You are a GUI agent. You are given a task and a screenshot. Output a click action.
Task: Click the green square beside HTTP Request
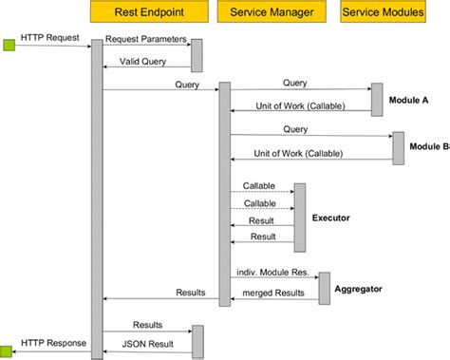point(9,44)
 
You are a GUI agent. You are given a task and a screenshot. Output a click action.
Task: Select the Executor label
point(331,218)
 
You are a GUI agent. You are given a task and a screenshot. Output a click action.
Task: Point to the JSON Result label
point(147,343)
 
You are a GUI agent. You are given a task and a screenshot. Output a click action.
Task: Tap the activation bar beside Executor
point(300,218)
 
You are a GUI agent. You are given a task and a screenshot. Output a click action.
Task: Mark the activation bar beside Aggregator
point(324,287)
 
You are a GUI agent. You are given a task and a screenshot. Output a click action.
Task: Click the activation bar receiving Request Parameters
point(197,56)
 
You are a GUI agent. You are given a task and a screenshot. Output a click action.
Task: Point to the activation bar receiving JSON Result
point(197,342)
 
